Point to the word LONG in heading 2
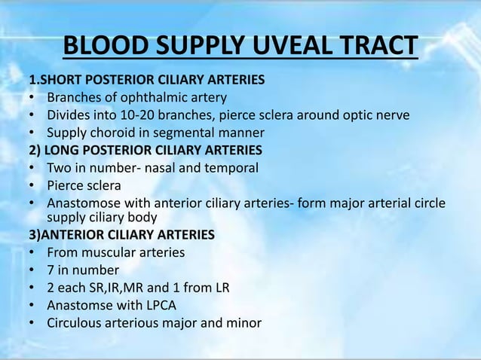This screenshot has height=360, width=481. [x=63, y=150]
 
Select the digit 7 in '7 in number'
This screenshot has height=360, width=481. [x=51, y=270]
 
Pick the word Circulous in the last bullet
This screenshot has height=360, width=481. [x=75, y=323]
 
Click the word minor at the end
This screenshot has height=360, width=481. [x=243, y=323]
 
